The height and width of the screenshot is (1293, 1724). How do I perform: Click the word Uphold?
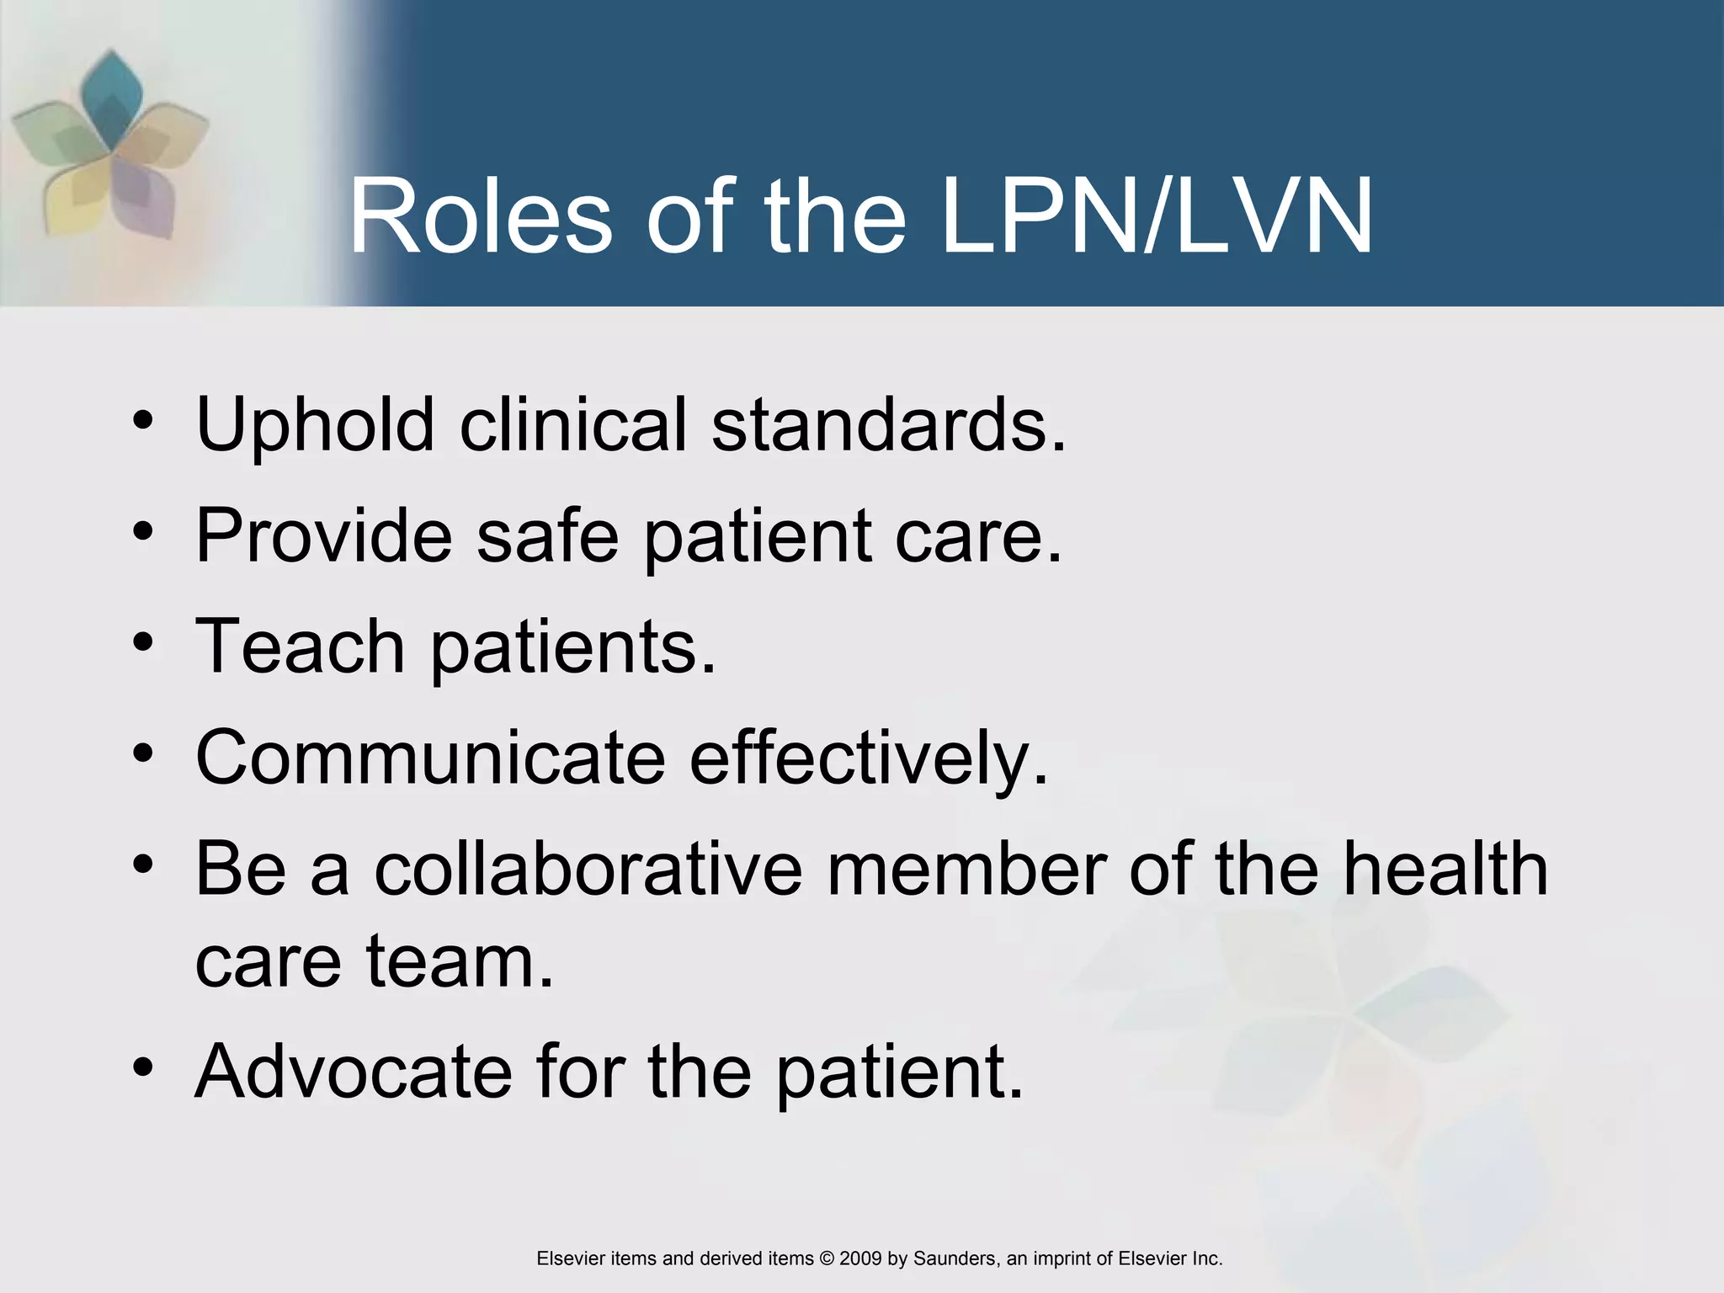pos(315,425)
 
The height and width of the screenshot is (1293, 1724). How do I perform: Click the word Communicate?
pos(430,757)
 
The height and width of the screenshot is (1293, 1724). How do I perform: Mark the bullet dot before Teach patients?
pos(143,643)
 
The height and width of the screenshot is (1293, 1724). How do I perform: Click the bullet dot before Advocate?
pos(143,1067)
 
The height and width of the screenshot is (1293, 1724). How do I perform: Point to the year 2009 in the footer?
pos(860,1258)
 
